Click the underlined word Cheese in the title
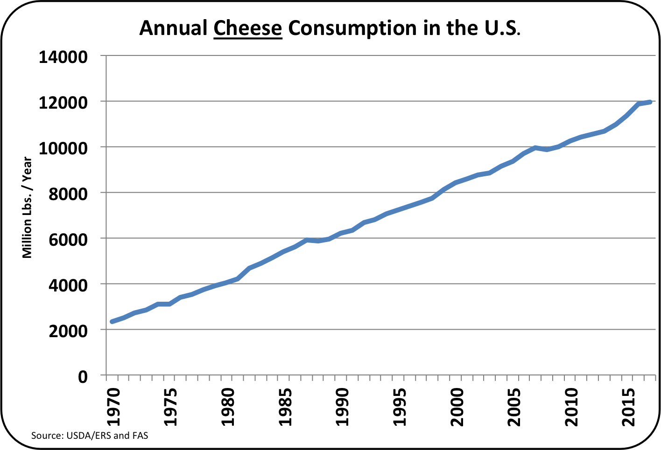point(248,28)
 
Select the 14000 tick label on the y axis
point(63,57)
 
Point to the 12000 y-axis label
point(63,103)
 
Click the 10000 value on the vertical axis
point(63,148)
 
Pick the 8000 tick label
point(68,194)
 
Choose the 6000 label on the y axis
point(68,240)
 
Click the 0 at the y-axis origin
point(83,376)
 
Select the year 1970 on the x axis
point(113,406)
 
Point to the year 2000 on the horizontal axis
point(457,406)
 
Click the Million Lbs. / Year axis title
point(27,208)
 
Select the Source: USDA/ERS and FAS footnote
point(90,436)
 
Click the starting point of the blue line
point(112,321)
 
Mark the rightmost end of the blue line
point(649,102)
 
